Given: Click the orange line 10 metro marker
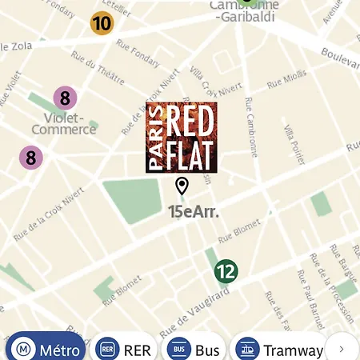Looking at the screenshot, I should click(102, 22).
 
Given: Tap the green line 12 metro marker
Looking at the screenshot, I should click(226, 271).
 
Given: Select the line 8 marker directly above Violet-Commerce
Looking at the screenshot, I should click(66, 99).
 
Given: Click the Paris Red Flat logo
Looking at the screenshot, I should click(182, 137).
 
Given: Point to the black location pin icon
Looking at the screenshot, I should click(182, 186).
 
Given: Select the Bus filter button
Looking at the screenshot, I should click(194, 350).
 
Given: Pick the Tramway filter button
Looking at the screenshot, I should click(279, 350).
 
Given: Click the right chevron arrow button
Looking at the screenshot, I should click(342, 349).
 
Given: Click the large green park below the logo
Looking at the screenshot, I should click(133, 200).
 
